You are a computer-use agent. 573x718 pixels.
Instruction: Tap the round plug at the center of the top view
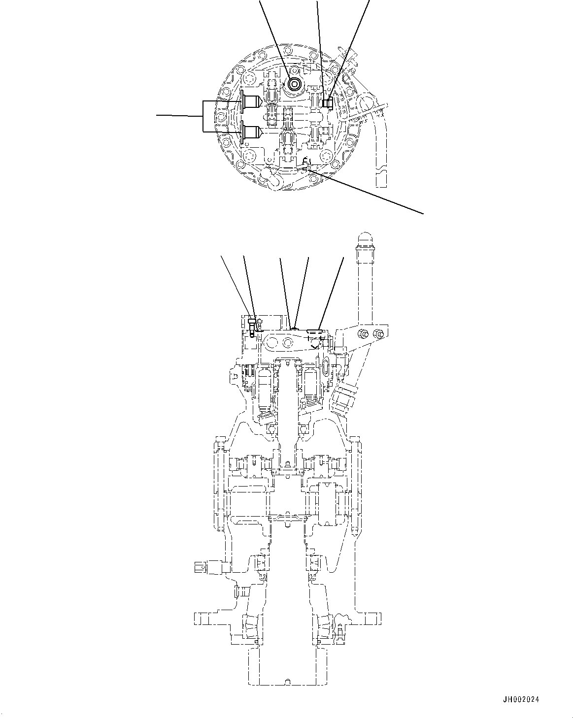(294, 84)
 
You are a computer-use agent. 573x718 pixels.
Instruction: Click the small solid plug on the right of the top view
(327, 102)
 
